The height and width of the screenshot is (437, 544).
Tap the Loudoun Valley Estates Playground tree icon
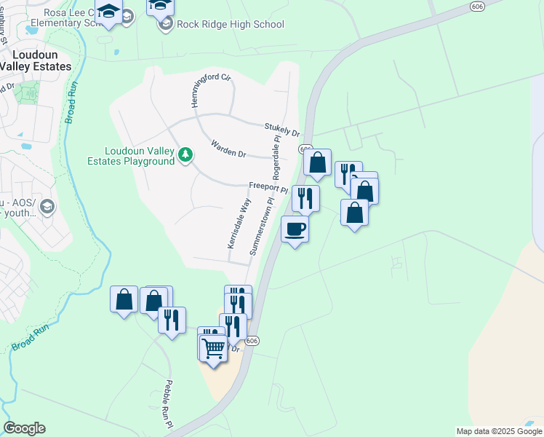[x=186, y=154]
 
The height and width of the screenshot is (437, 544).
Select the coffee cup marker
[x=295, y=229]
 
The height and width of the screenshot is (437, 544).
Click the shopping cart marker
[x=212, y=348]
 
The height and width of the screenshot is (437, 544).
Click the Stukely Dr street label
[x=282, y=130]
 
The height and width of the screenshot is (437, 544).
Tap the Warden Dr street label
[x=228, y=149]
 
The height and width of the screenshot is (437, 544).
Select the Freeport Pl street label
[x=268, y=187]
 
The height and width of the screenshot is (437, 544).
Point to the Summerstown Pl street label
[x=263, y=225]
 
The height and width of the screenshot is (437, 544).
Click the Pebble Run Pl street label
[x=169, y=403]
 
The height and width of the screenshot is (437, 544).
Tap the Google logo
[x=24, y=428]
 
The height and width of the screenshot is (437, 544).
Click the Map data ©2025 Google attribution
[x=499, y=431]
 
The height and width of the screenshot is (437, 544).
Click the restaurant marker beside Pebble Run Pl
[x=172, y=320]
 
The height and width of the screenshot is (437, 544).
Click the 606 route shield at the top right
[x=477, y=5]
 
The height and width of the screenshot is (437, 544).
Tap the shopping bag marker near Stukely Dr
[x=318, y=163]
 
